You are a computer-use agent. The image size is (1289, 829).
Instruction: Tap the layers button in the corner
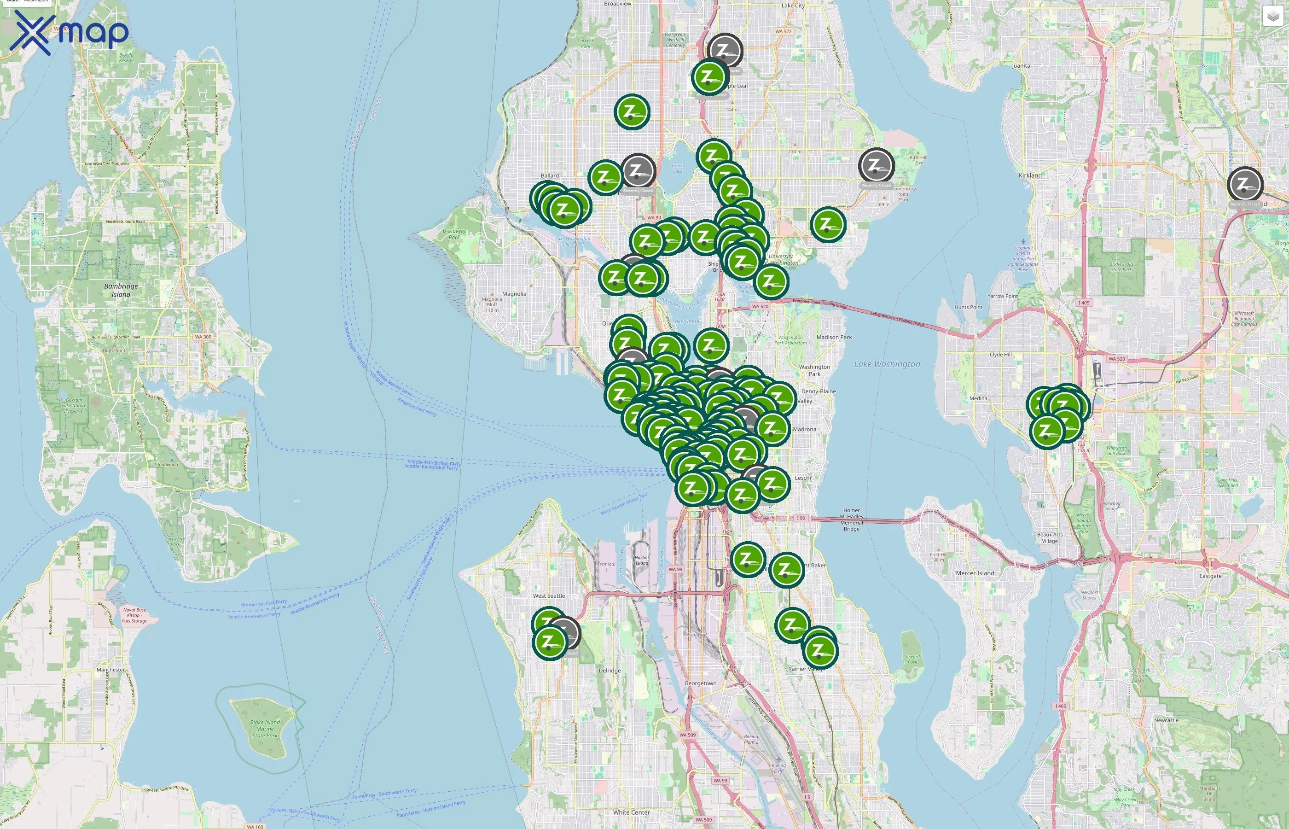pos(1272,16)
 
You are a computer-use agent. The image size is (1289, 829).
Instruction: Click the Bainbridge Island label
pos(121,290)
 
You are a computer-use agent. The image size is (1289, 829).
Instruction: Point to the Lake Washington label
pos(887,364)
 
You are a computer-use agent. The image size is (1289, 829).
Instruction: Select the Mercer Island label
pos(975,573)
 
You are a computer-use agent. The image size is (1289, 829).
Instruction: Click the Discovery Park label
pos(454,234)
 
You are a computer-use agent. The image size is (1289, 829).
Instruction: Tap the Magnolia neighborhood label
pos(514,294)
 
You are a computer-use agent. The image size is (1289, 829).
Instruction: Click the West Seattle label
pos(549,595)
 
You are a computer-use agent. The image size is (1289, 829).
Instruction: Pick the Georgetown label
pos(700,683)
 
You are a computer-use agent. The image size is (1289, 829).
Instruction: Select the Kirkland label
pos(1030,175)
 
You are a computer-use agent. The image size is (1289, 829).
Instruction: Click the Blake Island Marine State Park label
pos(265,729)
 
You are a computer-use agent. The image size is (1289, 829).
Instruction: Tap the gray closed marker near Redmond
pos(1245,184)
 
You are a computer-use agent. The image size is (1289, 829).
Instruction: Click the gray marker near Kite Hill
pos(876,165)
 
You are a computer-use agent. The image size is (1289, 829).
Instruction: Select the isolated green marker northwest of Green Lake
pos(632,112)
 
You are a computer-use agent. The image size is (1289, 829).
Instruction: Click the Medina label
pos(978,398)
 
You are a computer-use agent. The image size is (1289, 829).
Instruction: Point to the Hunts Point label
pos(969,307)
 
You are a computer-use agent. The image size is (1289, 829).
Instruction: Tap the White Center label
pos(631,812)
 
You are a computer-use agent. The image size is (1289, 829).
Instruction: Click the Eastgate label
pos(1210,576)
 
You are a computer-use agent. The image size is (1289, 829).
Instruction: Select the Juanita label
pos(1021,66)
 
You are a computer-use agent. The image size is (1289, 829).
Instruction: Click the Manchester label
pos(111,670)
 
